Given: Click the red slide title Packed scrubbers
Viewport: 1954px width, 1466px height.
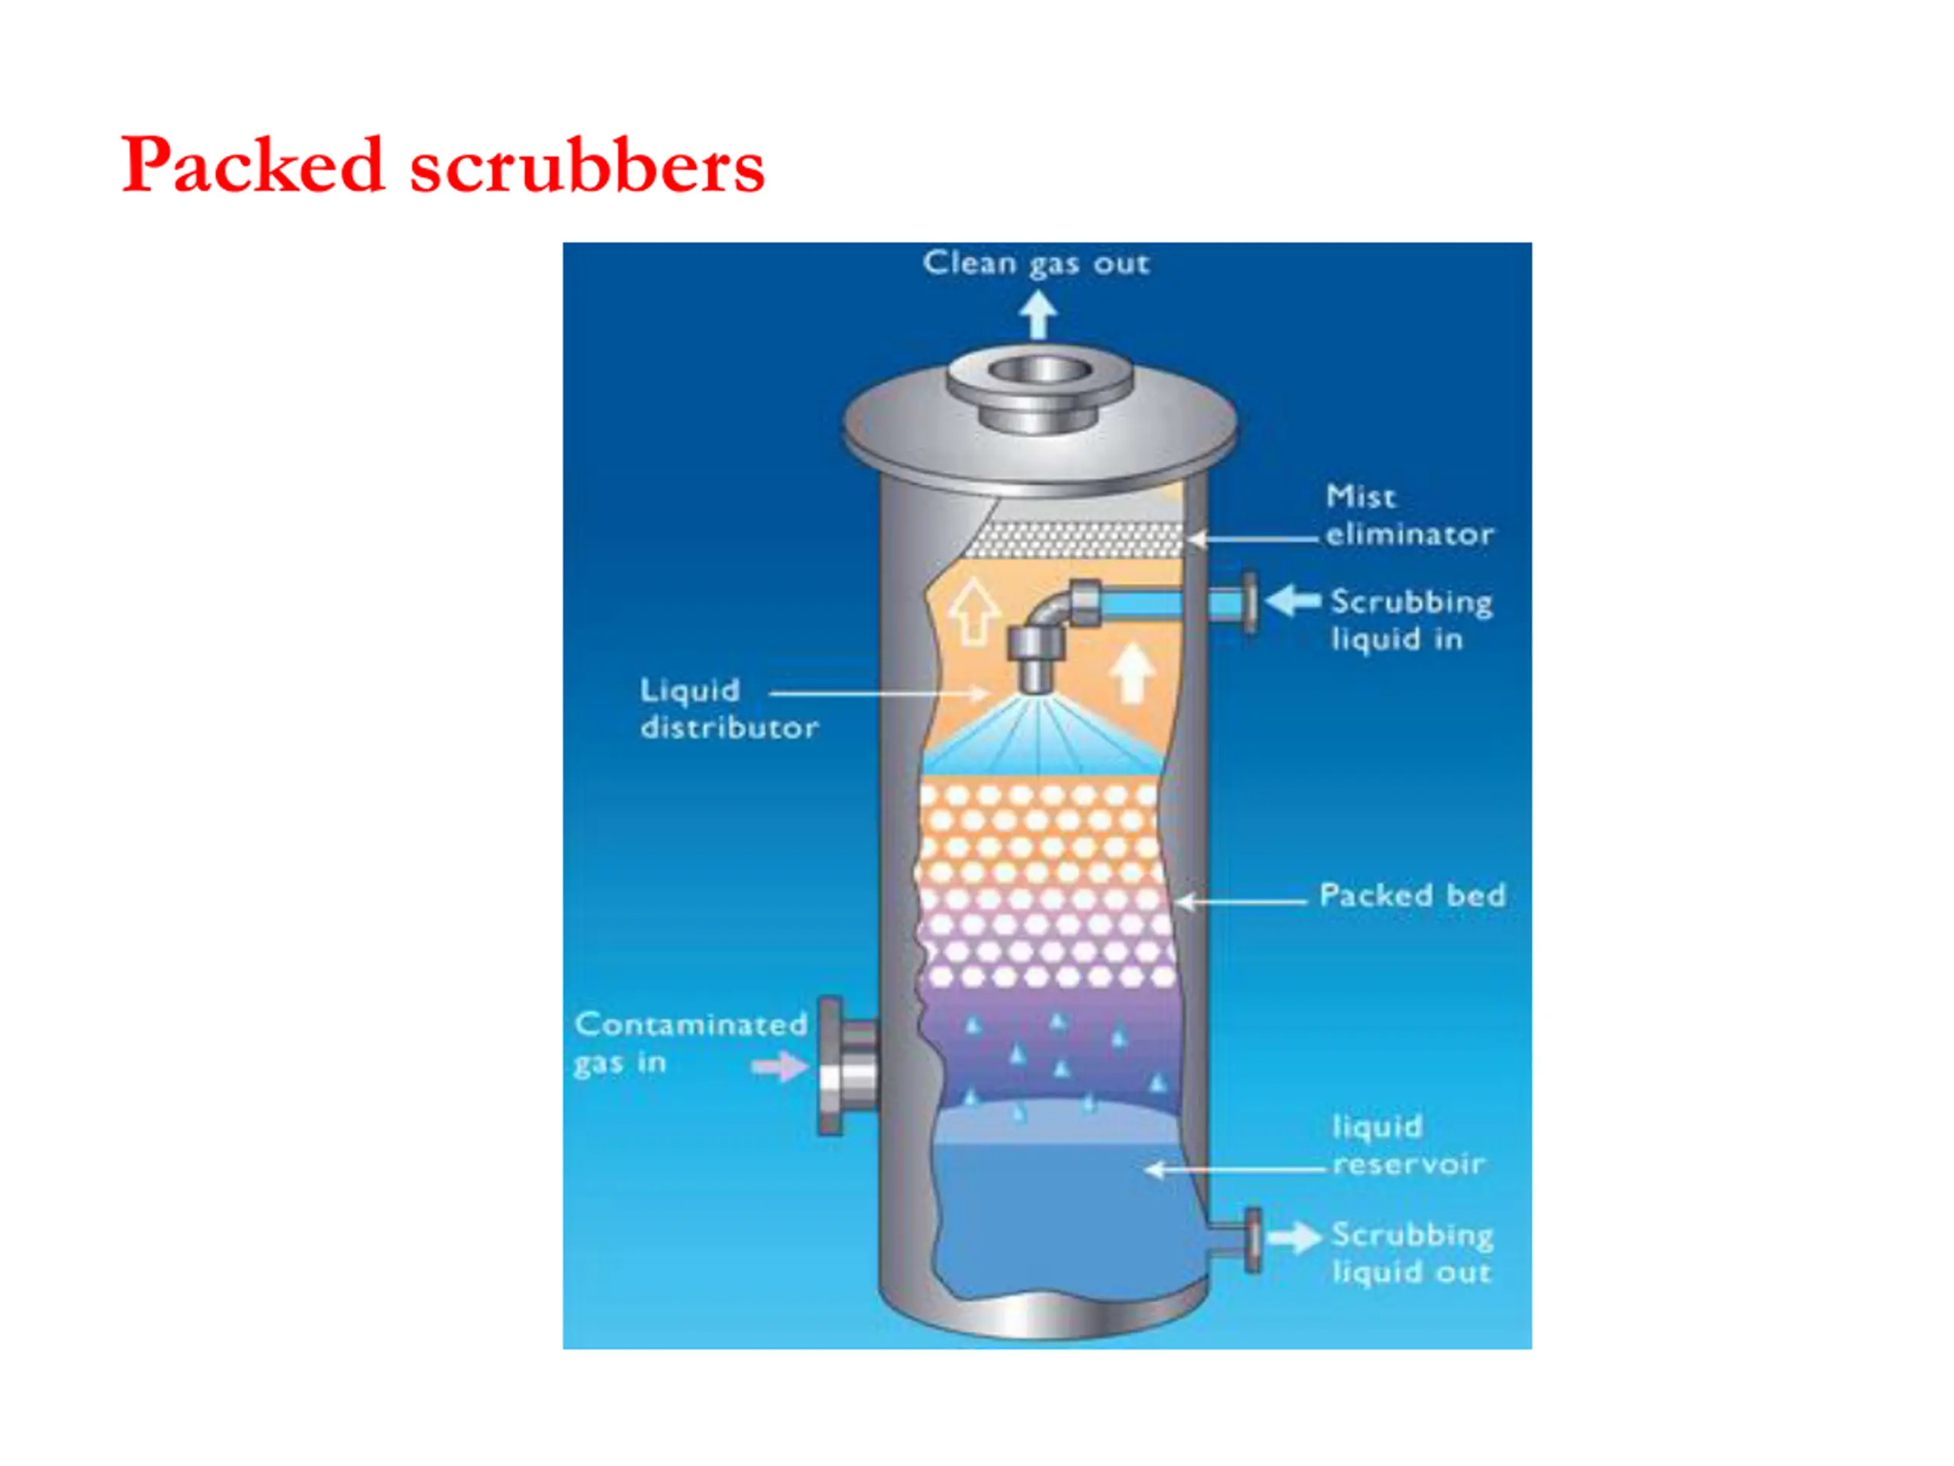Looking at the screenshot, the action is pyautogui.click(x=443, y=165).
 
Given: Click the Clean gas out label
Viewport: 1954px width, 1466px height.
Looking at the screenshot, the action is pyautogui.click(x=1037, y=263).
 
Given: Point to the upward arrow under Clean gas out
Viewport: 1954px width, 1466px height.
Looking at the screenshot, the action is pyautogui.click(x=1038, y=315).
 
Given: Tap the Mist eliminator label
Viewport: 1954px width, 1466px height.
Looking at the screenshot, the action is pyautogui.click(x=1409, y=515).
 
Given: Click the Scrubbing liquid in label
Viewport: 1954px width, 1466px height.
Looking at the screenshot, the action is pyautogui.click(x=1411, y=619).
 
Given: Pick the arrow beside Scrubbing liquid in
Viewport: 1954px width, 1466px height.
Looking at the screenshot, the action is pyautogui.click(x=1293, y=600).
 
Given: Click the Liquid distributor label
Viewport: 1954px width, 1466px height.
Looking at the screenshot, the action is pyautogui.click(x=730, y=709).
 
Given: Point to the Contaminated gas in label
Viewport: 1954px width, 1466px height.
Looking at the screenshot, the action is pyautogui.click(x=690, y=1043).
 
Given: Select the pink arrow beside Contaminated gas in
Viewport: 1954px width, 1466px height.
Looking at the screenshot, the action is pyautogui.click(x=780, y=1067).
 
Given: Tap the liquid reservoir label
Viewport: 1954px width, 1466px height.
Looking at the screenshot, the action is pyautogui.click(x=1409, y=1145).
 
